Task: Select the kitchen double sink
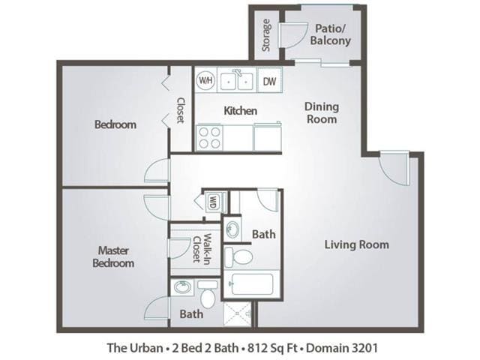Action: pyautogui.click(x=236, y=79)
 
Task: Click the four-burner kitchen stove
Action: pyautogui.click(x=210, y=136)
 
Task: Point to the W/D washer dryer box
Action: pyautogui.click(x=214, y=202)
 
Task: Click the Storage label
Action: pyautogui.click(x=266, y=35)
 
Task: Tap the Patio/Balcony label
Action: pyautogui.click(x=328, y=34)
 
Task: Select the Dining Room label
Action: pyautogui.click(x=321, y=112)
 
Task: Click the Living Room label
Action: pyautogui.click(x=356, y=244)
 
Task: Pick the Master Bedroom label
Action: pyautogui.click(x=113, y=256)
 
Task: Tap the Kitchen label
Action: pyautogui.click(x=241, y=111)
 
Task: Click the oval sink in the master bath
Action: pyautogui.click(x=183, y=286)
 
